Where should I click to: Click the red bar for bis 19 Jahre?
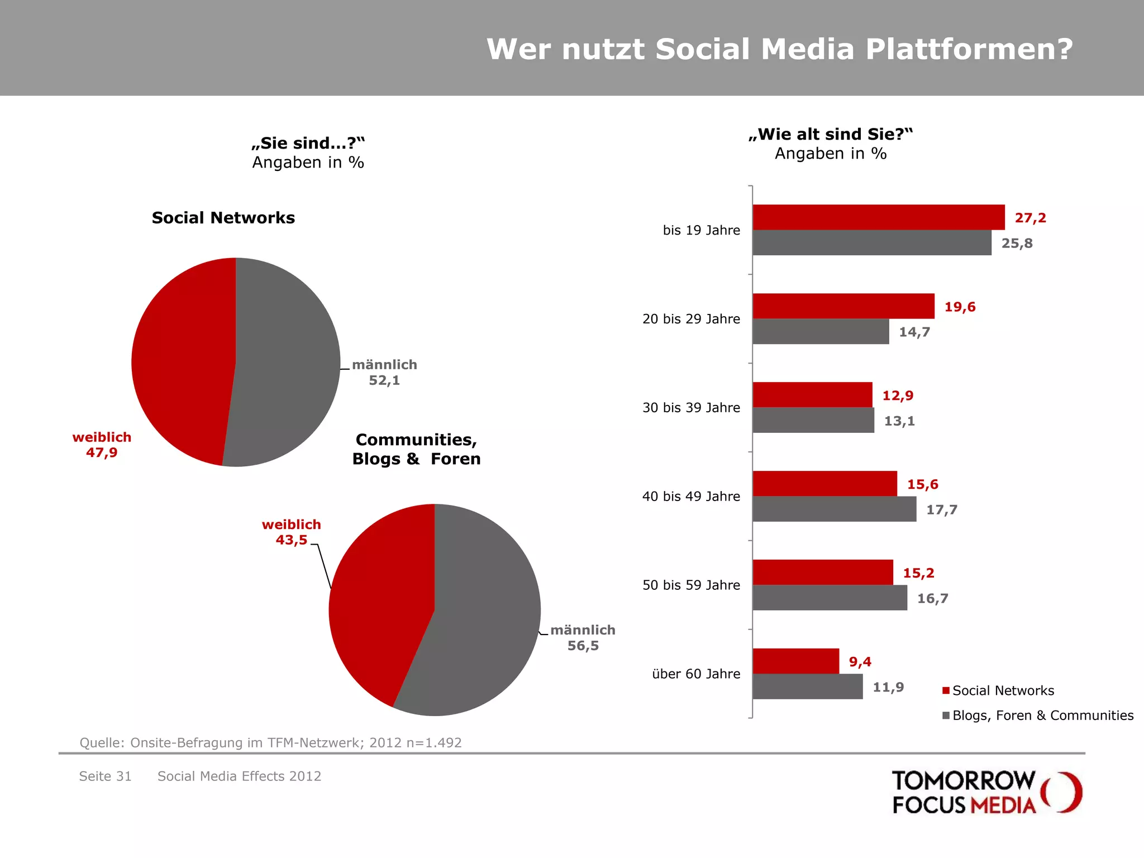(878, 217)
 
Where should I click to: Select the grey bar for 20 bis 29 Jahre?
(821, 331)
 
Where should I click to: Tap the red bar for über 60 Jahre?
(795, 661)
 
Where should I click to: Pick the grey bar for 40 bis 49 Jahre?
(834, 509)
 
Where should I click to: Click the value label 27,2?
(1030, 218)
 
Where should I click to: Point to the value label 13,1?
(899, 421)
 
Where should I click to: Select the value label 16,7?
(932, 598)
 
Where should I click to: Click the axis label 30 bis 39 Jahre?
(691, 408)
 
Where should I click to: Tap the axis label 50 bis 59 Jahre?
(691, 585)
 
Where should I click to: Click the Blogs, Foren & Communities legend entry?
(1037, 716)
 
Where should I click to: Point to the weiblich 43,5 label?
(291, 532)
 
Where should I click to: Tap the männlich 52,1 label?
(384, 373)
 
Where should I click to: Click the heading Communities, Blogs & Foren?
(416, 449)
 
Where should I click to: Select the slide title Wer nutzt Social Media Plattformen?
(779, 49)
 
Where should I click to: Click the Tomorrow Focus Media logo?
(986, 792)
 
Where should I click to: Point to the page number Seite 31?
(105, 776)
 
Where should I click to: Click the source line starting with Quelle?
(270, 742)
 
